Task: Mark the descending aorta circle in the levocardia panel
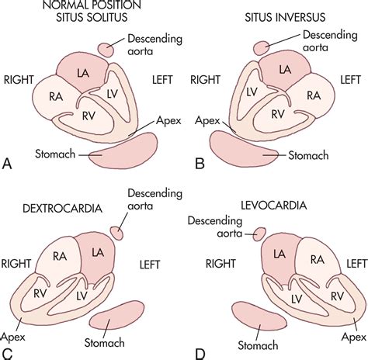pos(256,232)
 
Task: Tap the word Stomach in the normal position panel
pos(54,155)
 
